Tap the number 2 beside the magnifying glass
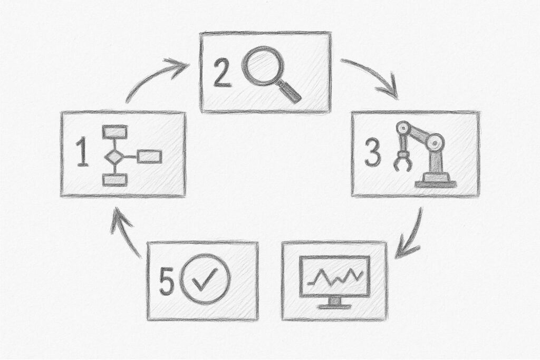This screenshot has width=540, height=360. coord(223,74)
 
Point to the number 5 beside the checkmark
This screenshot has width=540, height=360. coord(167,283)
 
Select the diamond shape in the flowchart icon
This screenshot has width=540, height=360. coord(114,156)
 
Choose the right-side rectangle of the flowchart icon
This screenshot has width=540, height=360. coord(149,157)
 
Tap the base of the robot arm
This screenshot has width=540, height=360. coord(435,182)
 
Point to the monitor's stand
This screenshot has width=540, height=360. coord(334,303)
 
